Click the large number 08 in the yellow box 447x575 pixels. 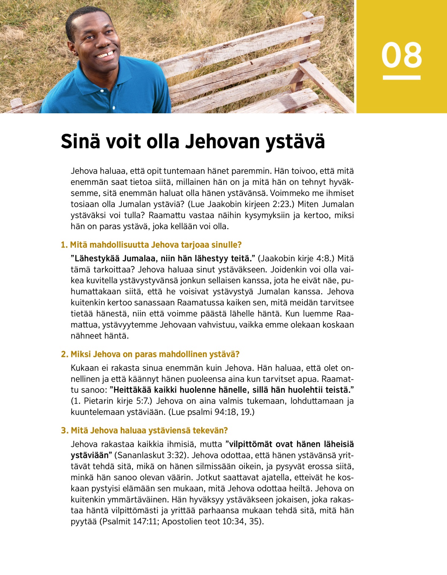click(x=402, y=55)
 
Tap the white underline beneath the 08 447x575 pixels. click(x=402, y=78)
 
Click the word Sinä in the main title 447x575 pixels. click(x=80, y=142)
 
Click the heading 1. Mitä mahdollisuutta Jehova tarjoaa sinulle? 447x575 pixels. click(x=151, y=245)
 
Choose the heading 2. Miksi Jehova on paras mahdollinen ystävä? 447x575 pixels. click(x=150, y=354)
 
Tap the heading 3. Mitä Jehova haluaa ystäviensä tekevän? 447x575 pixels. click(x=144, y=430)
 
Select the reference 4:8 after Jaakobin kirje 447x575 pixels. click(x=320, y=259)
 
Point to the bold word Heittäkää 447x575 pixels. click(x=131, y=390)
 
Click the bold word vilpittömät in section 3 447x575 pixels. click(x=250, y=444)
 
